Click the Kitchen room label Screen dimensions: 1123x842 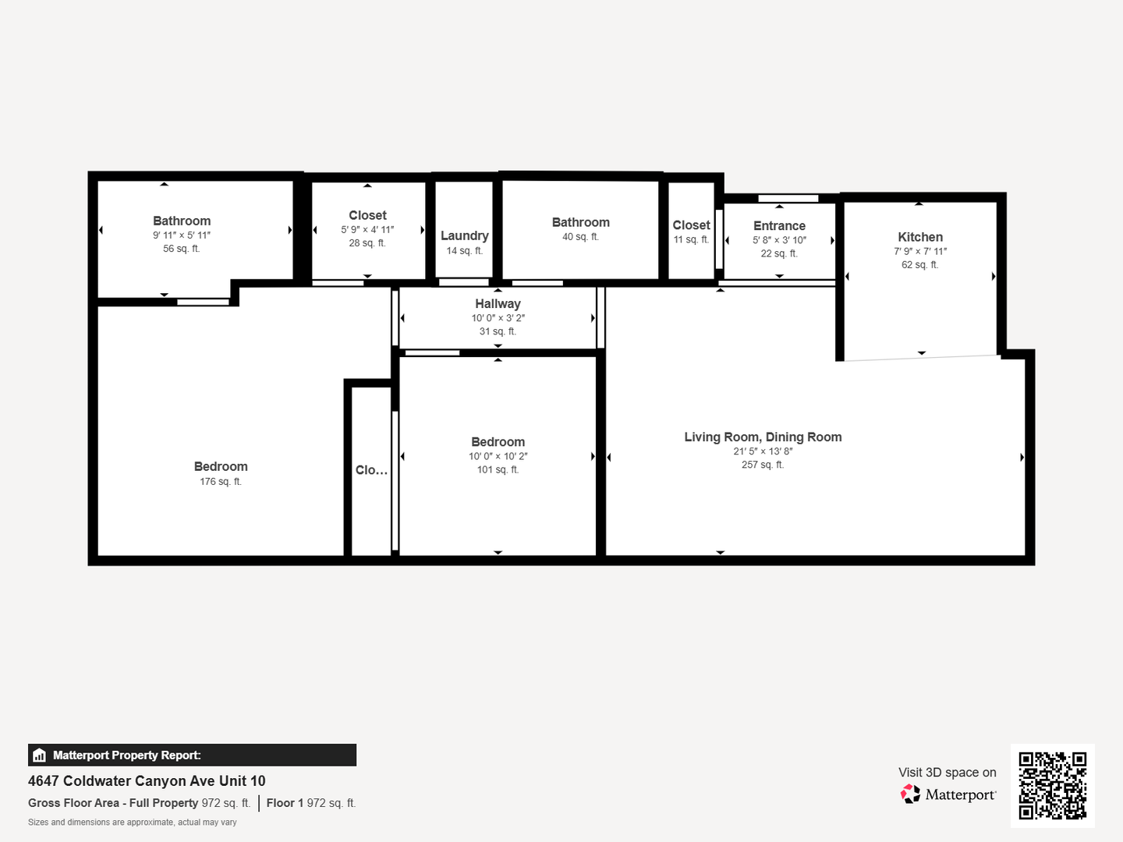(920, 237)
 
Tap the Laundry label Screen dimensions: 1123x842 (465, 235)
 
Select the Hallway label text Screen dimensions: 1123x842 (498, 304)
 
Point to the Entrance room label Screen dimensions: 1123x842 (779, 226)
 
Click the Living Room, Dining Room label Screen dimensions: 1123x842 (763, 437)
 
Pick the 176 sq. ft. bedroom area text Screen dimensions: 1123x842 (221, 482)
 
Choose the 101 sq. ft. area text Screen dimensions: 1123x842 (498, 470)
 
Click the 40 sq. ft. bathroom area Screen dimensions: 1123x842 (580, 237)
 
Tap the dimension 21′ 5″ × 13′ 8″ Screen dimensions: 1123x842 (763, 451)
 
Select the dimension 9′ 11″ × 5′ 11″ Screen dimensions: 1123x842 (182, 235)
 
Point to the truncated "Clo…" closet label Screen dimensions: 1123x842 (371, 470)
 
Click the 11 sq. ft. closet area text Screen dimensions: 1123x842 (691, 240)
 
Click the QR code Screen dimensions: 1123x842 (1052, 786)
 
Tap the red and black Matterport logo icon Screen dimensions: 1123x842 (910, 794)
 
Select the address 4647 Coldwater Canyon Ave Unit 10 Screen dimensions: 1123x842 (147, 781)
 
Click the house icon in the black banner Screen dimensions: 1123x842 (40, 755)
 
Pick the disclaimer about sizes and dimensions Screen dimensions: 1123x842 (133, 823)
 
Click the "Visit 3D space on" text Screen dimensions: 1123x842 (948, 773)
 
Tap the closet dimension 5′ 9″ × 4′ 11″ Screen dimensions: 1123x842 (367, 230)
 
